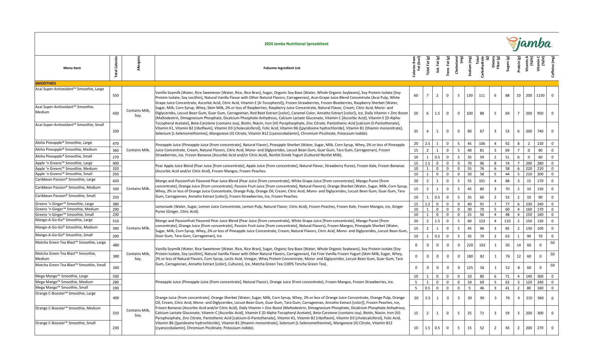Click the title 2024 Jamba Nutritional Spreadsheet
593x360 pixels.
point(296,44)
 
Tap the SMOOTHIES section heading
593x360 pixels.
point(46,83)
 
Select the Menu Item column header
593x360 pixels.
point(72,68)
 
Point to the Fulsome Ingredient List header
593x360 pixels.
point(282,68)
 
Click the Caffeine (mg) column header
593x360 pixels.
point(553,67)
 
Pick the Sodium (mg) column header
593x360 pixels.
point(470,66)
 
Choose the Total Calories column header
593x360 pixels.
point(116,67)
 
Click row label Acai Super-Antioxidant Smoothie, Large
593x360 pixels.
point(69,89)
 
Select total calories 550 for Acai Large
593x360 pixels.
point(116,95)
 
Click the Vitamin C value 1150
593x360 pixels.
point(540,95)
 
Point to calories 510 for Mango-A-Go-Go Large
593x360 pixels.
point(116,221)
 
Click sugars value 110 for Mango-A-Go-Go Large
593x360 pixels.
point(507,221)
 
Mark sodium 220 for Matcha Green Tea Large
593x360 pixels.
point(469,245)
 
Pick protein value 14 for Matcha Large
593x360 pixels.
point(519,245)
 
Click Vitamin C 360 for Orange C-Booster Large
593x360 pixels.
point(540,298)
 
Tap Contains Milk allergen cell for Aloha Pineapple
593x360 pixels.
point(138,150)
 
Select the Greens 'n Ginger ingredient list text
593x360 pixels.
point(280,209)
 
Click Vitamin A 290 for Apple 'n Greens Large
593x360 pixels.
point(529,163)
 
